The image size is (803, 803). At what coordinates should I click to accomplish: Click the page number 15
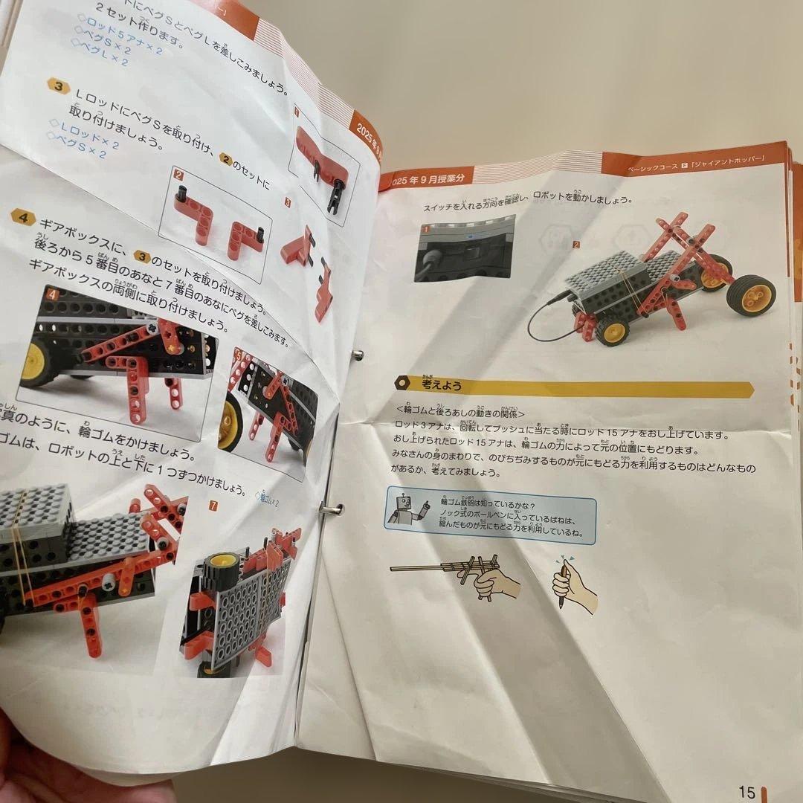[746, 792]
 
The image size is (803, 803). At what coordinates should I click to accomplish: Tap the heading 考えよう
[443, 385]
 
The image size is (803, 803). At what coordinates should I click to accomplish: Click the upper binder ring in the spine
[357, 354]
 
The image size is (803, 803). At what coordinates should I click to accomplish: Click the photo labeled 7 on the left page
[242, 595]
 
